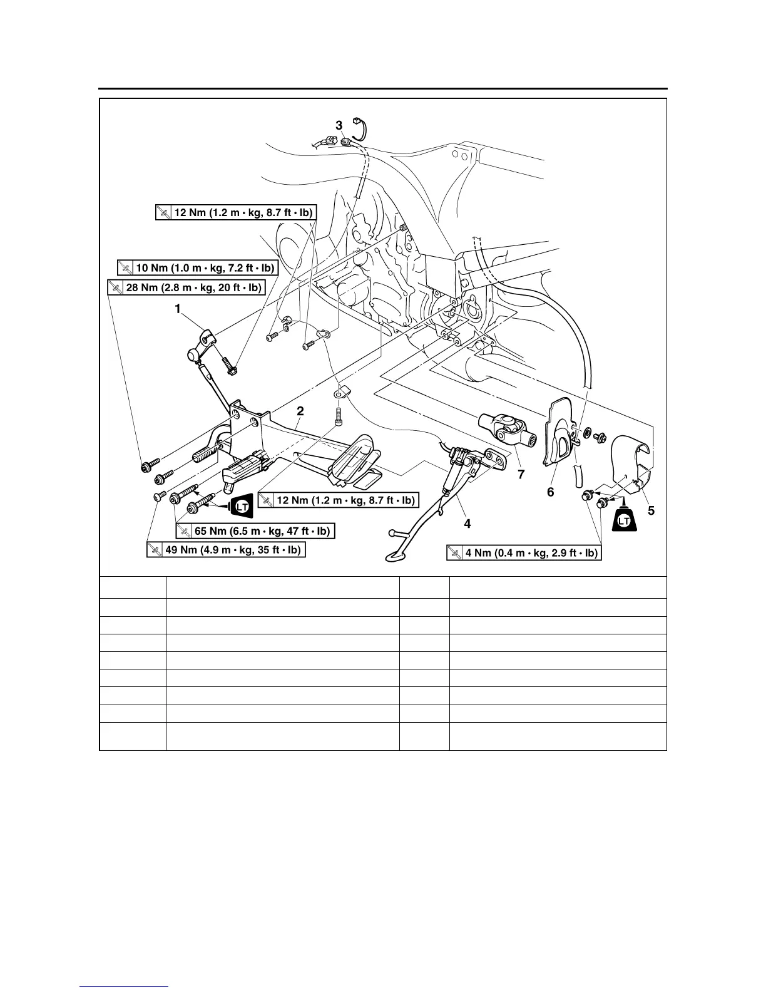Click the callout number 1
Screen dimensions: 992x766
point(178,308)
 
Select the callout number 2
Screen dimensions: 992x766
point(300,411)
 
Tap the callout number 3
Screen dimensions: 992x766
point(339,125)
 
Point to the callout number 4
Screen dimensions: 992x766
point(467,524)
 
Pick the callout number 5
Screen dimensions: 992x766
point(651,511)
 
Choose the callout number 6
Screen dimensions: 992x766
point(550,492)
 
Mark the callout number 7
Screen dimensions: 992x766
point(521,475)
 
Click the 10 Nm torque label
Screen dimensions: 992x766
point(197,268)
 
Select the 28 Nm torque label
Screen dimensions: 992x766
point(186,287)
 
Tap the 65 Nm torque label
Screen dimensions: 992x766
point(255,531)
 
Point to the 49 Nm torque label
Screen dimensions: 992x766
point(226,550)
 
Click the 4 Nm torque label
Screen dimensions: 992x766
point(524,553)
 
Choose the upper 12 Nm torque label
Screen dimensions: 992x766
point(235,213)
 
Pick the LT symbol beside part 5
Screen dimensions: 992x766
point(624,520)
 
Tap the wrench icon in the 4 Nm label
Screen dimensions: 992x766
point(455,553)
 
